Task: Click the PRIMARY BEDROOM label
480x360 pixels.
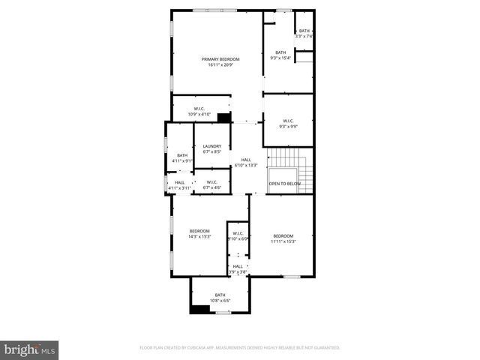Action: (x=220, y=58)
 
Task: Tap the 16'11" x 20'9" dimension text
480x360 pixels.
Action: (x=220, y=64)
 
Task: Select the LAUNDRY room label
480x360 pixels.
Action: (x=211, y=146)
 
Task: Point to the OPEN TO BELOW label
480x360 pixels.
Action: (x=285, y=184)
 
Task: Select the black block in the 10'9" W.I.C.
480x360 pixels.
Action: (x=223, y=117)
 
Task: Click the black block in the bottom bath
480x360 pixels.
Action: (x=199, y=308)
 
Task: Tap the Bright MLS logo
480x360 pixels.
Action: (x=30, y=349)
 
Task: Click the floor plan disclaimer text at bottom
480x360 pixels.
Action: (x=240, y=348)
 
